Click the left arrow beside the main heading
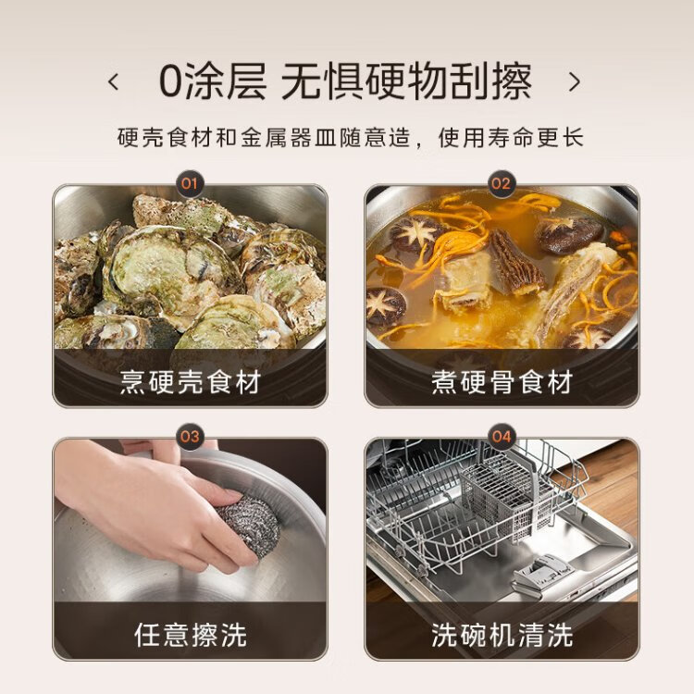114,81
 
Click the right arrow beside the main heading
575,81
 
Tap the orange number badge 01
190,183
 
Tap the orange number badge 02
501,183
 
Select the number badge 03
190,437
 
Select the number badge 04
501,437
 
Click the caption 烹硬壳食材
190,382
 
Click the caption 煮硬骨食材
502,382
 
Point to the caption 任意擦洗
191,635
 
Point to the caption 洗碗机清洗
502,635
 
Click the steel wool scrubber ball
249,526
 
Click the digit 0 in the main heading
171,81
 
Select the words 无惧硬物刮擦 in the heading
406,81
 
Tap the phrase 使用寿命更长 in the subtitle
511,137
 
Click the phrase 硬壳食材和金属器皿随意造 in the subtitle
265,137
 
